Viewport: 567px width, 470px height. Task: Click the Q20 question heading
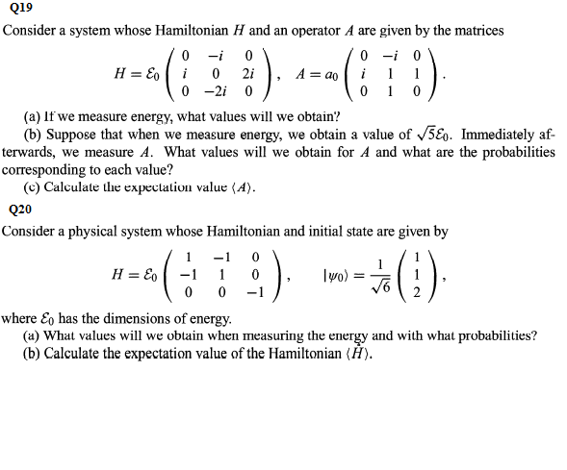(19, 209)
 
